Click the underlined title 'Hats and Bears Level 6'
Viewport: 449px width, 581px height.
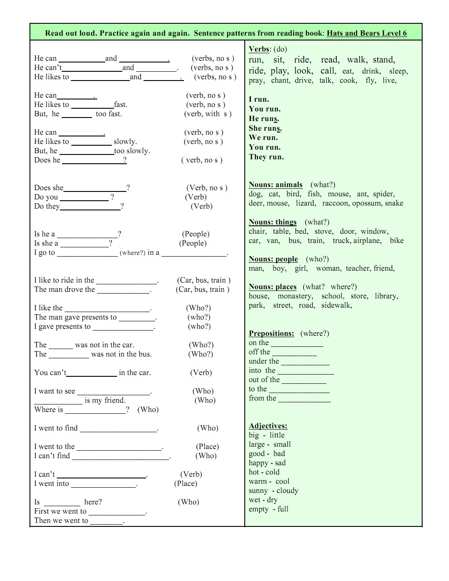[367, 33]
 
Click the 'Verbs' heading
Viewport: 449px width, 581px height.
[259, 49]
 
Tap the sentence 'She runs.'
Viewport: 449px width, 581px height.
[265, 129]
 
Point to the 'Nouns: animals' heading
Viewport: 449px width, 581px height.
[276, 185]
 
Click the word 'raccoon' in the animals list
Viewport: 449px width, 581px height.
[335, 203]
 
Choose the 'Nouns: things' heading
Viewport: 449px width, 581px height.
[272, 222]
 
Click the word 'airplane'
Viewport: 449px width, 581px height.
[368, 241]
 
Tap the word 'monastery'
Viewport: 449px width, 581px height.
[295, 296]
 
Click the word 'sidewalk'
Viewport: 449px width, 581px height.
[336, 305]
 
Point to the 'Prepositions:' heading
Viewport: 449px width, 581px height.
[271, 334]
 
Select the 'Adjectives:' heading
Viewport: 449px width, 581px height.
[268, 426]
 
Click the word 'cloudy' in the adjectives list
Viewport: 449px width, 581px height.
[287, 491]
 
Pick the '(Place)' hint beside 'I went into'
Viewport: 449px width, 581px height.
[186, 484]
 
